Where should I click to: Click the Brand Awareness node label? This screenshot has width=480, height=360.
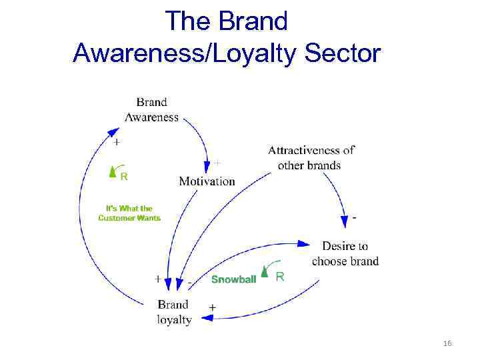point(152,109)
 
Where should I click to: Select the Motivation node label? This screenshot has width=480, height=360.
point(207,181)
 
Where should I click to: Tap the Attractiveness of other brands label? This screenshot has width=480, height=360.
point(310,157)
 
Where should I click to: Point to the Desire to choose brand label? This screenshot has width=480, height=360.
point(345,254)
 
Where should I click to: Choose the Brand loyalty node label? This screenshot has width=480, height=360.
point(174,311)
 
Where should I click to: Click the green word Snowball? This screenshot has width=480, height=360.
point(233,279)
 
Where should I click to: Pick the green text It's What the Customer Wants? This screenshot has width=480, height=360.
point(129,213)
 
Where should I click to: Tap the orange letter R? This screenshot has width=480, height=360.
point(124,177)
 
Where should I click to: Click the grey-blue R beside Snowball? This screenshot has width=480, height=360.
point(279,276)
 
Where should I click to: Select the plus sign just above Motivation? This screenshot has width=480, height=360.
point(216,162)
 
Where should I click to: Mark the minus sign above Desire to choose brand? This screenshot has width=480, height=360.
point(354,217)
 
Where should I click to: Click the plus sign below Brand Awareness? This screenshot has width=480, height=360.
point(117,142)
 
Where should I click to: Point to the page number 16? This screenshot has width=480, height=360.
point(447,343)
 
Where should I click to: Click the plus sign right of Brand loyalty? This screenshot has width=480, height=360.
point(212,307)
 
